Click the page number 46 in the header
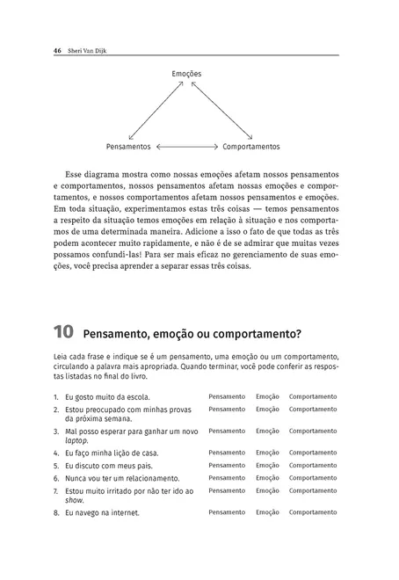pos(56,50)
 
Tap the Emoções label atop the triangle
pos(186,75)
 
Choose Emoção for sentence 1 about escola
pos(267,396)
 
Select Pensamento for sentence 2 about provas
pos(227,409)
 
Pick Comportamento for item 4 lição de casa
pos(313,452)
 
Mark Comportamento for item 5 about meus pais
pos(313,465)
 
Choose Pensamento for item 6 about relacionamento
pos(227,478)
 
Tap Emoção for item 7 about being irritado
pos(267,490)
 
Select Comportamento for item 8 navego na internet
pos(313,511)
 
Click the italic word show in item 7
pos(74,499)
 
